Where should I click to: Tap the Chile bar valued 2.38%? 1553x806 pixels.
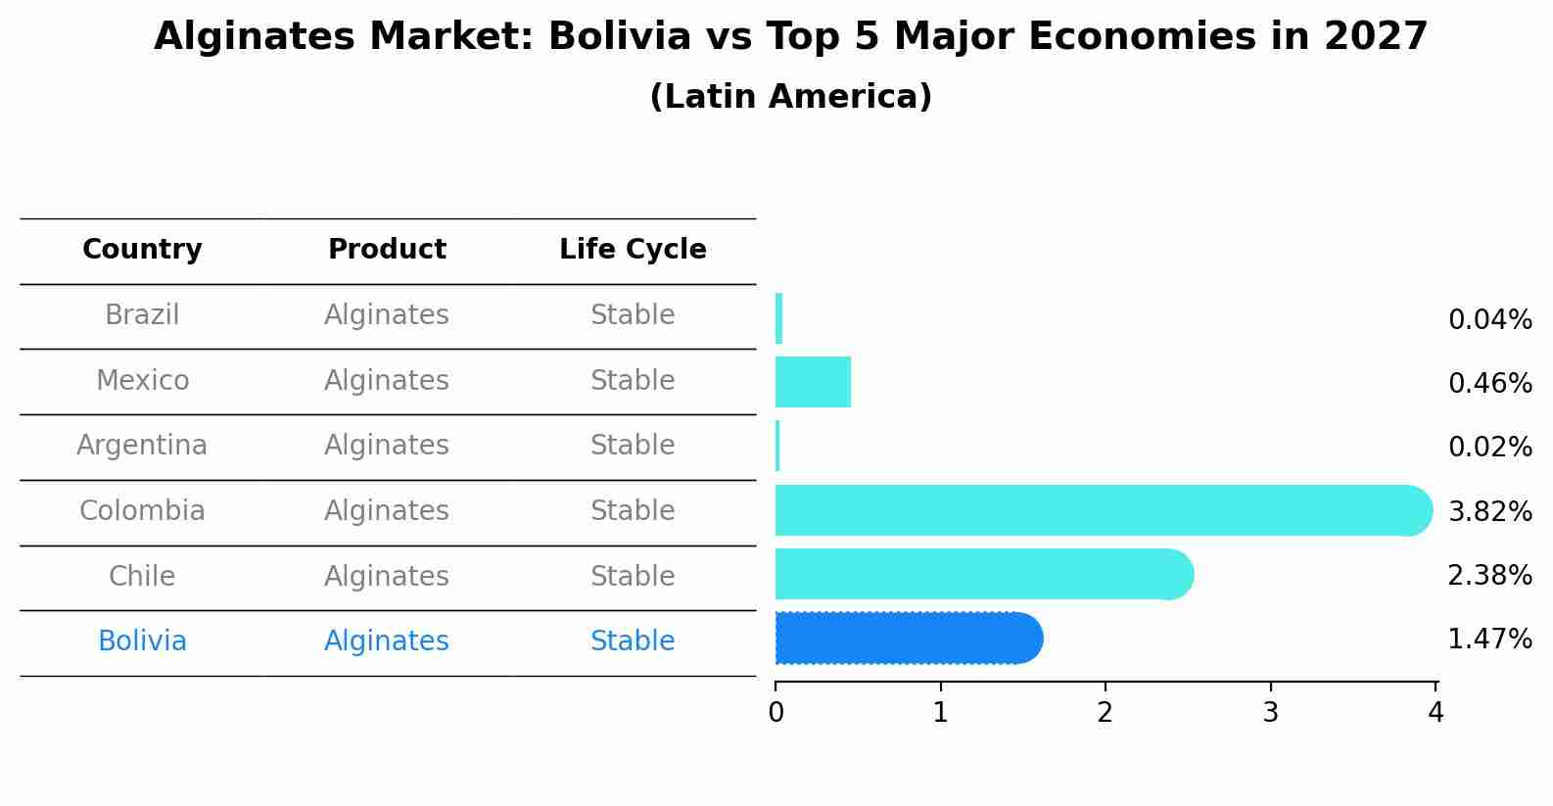979,574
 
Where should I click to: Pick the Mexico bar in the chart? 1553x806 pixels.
813,382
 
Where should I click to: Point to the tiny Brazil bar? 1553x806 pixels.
778,318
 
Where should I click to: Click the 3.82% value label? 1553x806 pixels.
1489,511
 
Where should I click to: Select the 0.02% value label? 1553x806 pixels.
1489,448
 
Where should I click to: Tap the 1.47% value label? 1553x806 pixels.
1489,640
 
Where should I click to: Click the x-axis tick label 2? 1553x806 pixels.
1106,713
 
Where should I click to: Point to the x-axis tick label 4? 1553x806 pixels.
1435,713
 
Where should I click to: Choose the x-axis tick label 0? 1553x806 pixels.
776,713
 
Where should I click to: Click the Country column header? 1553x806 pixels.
142,250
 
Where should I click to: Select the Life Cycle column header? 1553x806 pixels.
633,250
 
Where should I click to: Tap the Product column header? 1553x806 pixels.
387,250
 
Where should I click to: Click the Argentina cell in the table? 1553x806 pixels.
142,446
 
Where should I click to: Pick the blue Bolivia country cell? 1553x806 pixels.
142,641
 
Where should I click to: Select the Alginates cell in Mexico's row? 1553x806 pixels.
387,380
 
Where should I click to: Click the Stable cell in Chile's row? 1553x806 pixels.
633,576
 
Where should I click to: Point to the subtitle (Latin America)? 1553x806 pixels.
790,97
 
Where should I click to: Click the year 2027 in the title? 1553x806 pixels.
1376,37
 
